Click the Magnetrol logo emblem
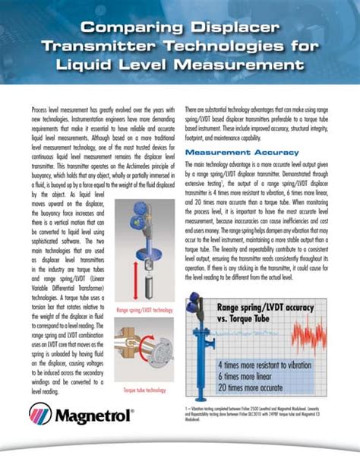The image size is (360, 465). (40, 414)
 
